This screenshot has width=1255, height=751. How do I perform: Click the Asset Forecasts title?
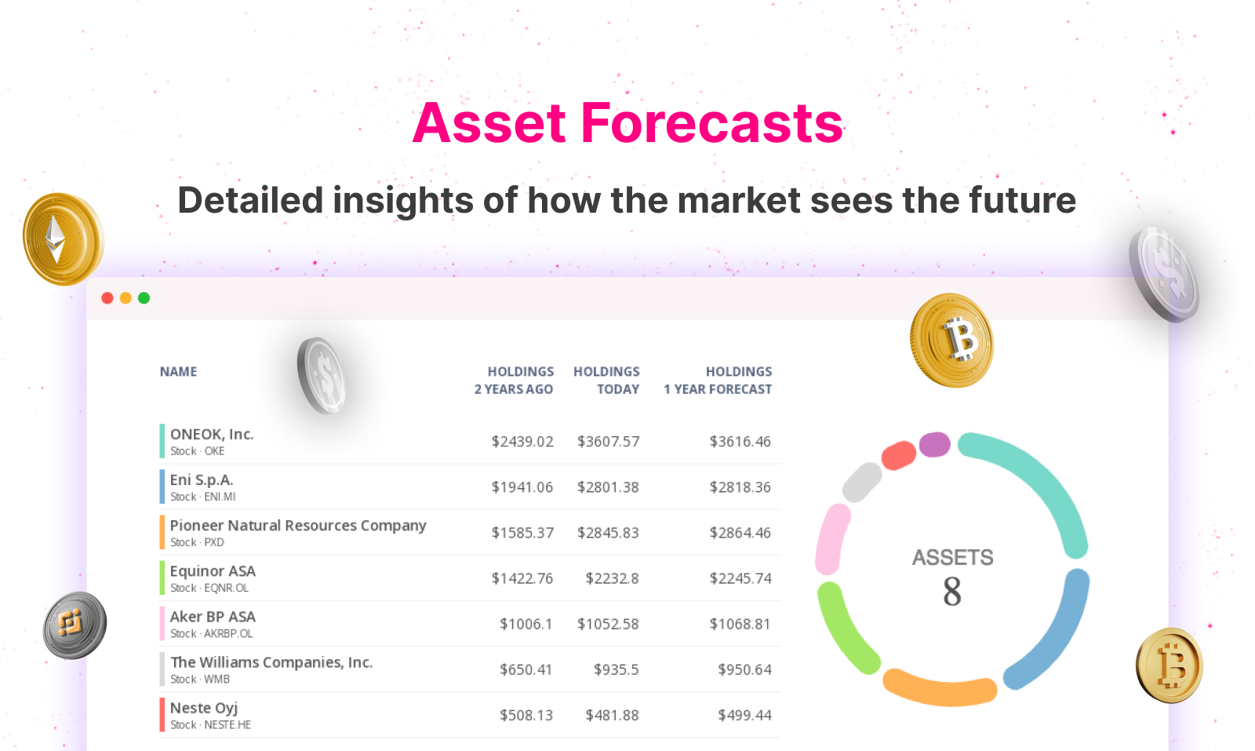click(627, 122)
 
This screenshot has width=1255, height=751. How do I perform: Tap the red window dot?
click(107, 298)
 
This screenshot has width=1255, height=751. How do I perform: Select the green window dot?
click(144, 298)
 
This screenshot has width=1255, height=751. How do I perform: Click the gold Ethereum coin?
click(63, 239)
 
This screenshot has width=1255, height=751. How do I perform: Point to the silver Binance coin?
click(75, 625)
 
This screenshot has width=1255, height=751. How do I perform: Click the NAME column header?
click(178, 372)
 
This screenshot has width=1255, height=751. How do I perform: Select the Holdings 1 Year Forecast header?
click(718, 380)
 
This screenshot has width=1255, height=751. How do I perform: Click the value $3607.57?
click(609, 442)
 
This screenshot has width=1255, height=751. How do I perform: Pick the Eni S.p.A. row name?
click(202, 479)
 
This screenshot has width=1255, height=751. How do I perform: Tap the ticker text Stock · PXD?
click(197, 542)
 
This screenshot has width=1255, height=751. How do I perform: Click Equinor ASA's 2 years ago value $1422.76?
click(522, 578)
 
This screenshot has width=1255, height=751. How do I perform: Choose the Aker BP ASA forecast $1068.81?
click(740, 624)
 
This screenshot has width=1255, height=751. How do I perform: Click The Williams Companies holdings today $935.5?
click(617, 669)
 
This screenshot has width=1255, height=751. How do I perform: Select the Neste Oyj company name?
click(204, 709)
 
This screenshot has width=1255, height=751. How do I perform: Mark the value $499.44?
click(744, 715)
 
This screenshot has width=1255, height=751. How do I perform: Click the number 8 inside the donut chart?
click(952, 592)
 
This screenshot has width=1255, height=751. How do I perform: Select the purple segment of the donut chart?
click(934, 444)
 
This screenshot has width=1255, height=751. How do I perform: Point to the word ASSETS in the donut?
click(952, 558)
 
